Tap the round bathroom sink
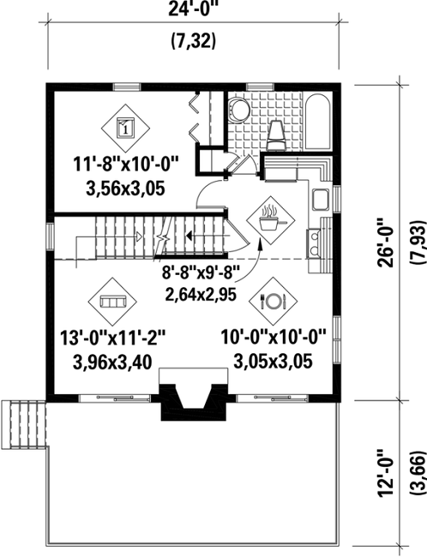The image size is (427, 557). tap(238, 110)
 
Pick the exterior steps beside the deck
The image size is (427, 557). tap(23, 424)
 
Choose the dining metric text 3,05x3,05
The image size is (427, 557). tap(273, 362)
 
